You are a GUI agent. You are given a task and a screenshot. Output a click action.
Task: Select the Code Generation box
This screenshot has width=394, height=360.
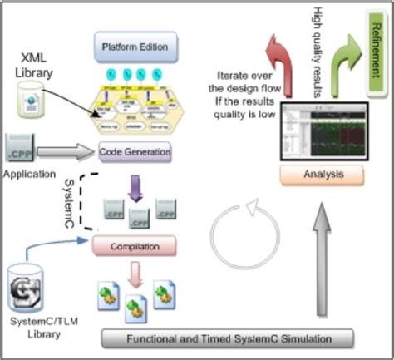click(134, 152)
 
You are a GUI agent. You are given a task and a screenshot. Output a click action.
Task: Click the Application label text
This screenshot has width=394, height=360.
click(29, 175)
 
